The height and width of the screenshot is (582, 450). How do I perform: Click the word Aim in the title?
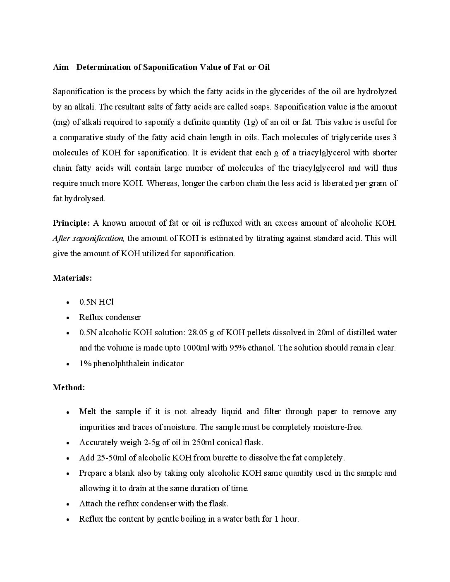coord(60,67)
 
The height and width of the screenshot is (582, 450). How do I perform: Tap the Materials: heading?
coord(72,278)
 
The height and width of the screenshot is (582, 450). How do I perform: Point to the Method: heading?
coord(69,388)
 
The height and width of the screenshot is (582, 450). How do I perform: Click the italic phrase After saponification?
coord(89,239)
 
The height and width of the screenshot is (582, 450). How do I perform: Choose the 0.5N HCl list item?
coord(96,302)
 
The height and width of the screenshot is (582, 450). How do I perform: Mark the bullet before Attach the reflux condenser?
coord(67,504)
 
